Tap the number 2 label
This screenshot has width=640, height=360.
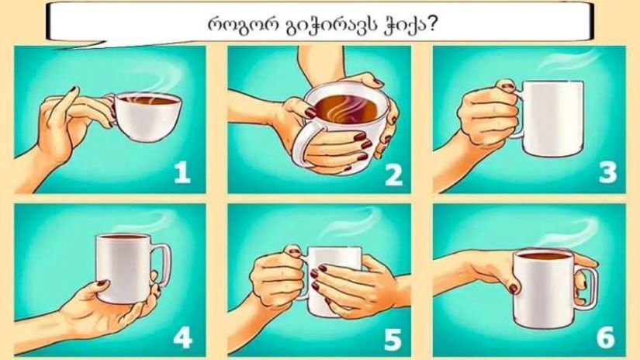[x=394, y=175]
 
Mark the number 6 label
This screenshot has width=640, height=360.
[x=606, y=338]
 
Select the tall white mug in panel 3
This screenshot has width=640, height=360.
[x=551, y=119]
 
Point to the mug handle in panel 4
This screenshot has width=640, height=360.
[x=162, y=264]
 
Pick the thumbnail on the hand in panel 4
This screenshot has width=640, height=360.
[x=102, y=283]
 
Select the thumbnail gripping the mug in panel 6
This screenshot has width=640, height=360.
[x=514, y=289]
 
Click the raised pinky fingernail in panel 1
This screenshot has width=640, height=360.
[x=74, y=88]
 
